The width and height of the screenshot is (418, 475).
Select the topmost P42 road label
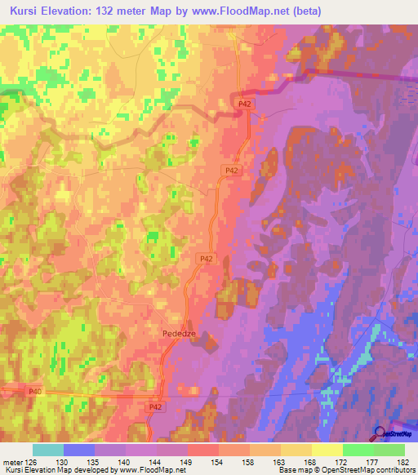click(x=246, y=104)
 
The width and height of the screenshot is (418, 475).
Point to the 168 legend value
click(x=312, y=461)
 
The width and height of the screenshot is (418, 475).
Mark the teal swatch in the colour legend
click(x=48, y=450)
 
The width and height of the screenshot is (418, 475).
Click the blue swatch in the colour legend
click(x=79, y=450)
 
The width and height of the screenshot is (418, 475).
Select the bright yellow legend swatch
click(x=327, y=450)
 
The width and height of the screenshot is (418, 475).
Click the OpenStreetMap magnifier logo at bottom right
click(x=380, y=435)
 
